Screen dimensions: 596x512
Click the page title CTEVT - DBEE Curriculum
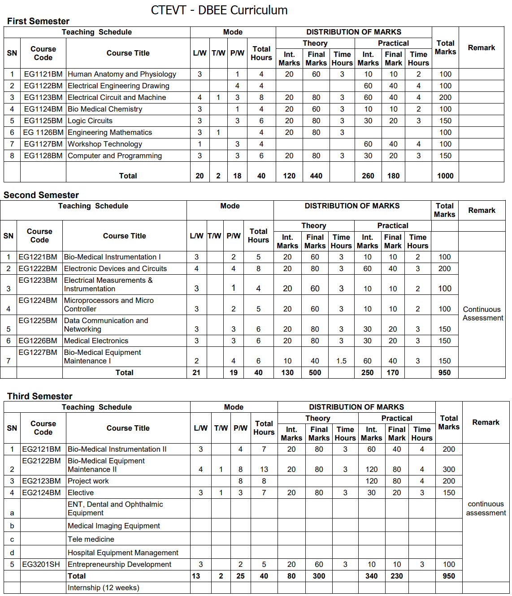[x=219, y=10]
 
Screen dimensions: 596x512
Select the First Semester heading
[x=38, y=21]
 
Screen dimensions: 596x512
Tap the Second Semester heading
[x=41, y=195]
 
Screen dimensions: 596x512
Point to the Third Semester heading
[x=40, y=396]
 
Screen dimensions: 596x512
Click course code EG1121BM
[x=43, y=74]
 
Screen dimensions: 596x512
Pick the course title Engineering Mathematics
[x=110, y=133]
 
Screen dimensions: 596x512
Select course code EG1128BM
[x=43, y=156]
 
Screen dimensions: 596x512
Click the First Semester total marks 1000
[x=445, y=176]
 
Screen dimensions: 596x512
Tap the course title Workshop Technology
[x=105, y=144]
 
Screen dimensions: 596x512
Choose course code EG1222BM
[x=38, y=269]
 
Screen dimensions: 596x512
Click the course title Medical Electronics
[x=96, y=341]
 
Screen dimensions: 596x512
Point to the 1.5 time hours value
[x=341, y=361]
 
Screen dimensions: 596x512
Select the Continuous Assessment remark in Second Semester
[x=483, y=314]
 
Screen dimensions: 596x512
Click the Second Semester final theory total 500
[x=315, y=373]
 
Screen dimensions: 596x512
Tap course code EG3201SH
[x=41, y=565]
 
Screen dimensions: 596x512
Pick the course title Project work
[x=88, y=481]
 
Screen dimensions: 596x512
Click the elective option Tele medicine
[x=91, y=540]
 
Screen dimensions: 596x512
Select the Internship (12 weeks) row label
[x=104, y=588]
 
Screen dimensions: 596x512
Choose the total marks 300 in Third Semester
[x=449, y=470]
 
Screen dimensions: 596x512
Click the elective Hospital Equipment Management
[x=123, y=553]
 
